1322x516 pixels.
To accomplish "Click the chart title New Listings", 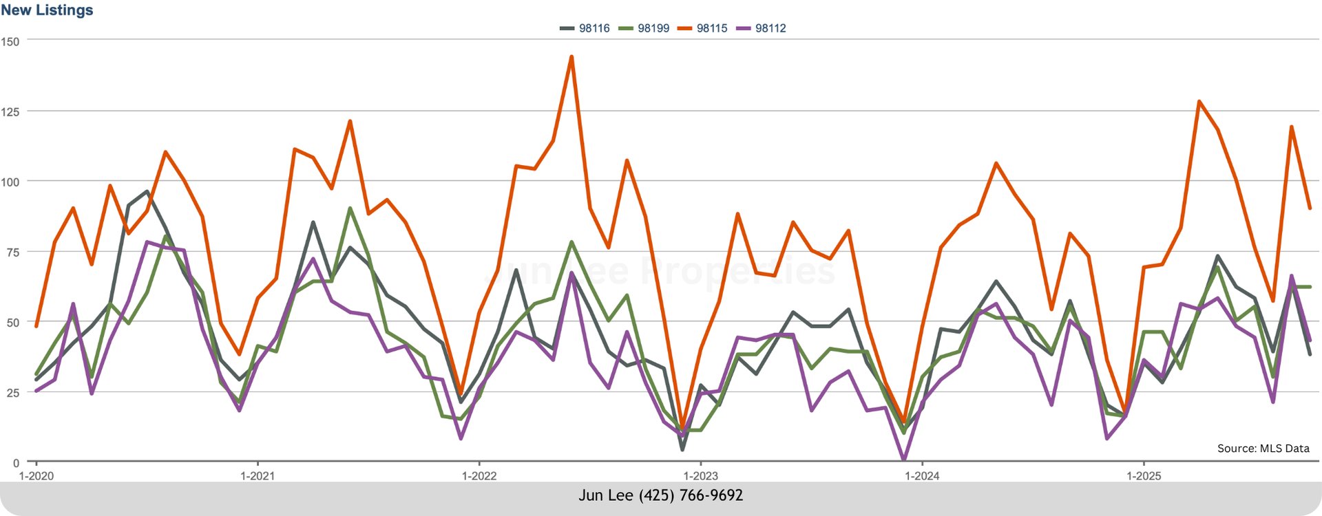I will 47,10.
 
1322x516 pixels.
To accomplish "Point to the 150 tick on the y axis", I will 10,41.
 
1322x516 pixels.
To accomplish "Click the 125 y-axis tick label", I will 10,111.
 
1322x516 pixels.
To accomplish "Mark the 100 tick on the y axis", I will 10,182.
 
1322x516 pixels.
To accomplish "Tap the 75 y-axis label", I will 12,252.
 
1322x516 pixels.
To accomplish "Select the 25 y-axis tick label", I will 12,393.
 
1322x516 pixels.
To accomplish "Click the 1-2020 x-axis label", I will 36,476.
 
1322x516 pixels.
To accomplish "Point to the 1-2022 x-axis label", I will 479,476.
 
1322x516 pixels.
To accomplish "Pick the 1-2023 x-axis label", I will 700,476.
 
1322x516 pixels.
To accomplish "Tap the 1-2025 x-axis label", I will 1143,476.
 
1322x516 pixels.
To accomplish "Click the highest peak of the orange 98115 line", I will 571,57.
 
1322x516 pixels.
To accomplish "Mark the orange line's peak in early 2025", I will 1199,102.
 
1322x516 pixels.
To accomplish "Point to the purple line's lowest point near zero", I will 903,459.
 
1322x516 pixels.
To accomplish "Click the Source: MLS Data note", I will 1263,449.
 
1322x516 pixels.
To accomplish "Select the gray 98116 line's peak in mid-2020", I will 147,191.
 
